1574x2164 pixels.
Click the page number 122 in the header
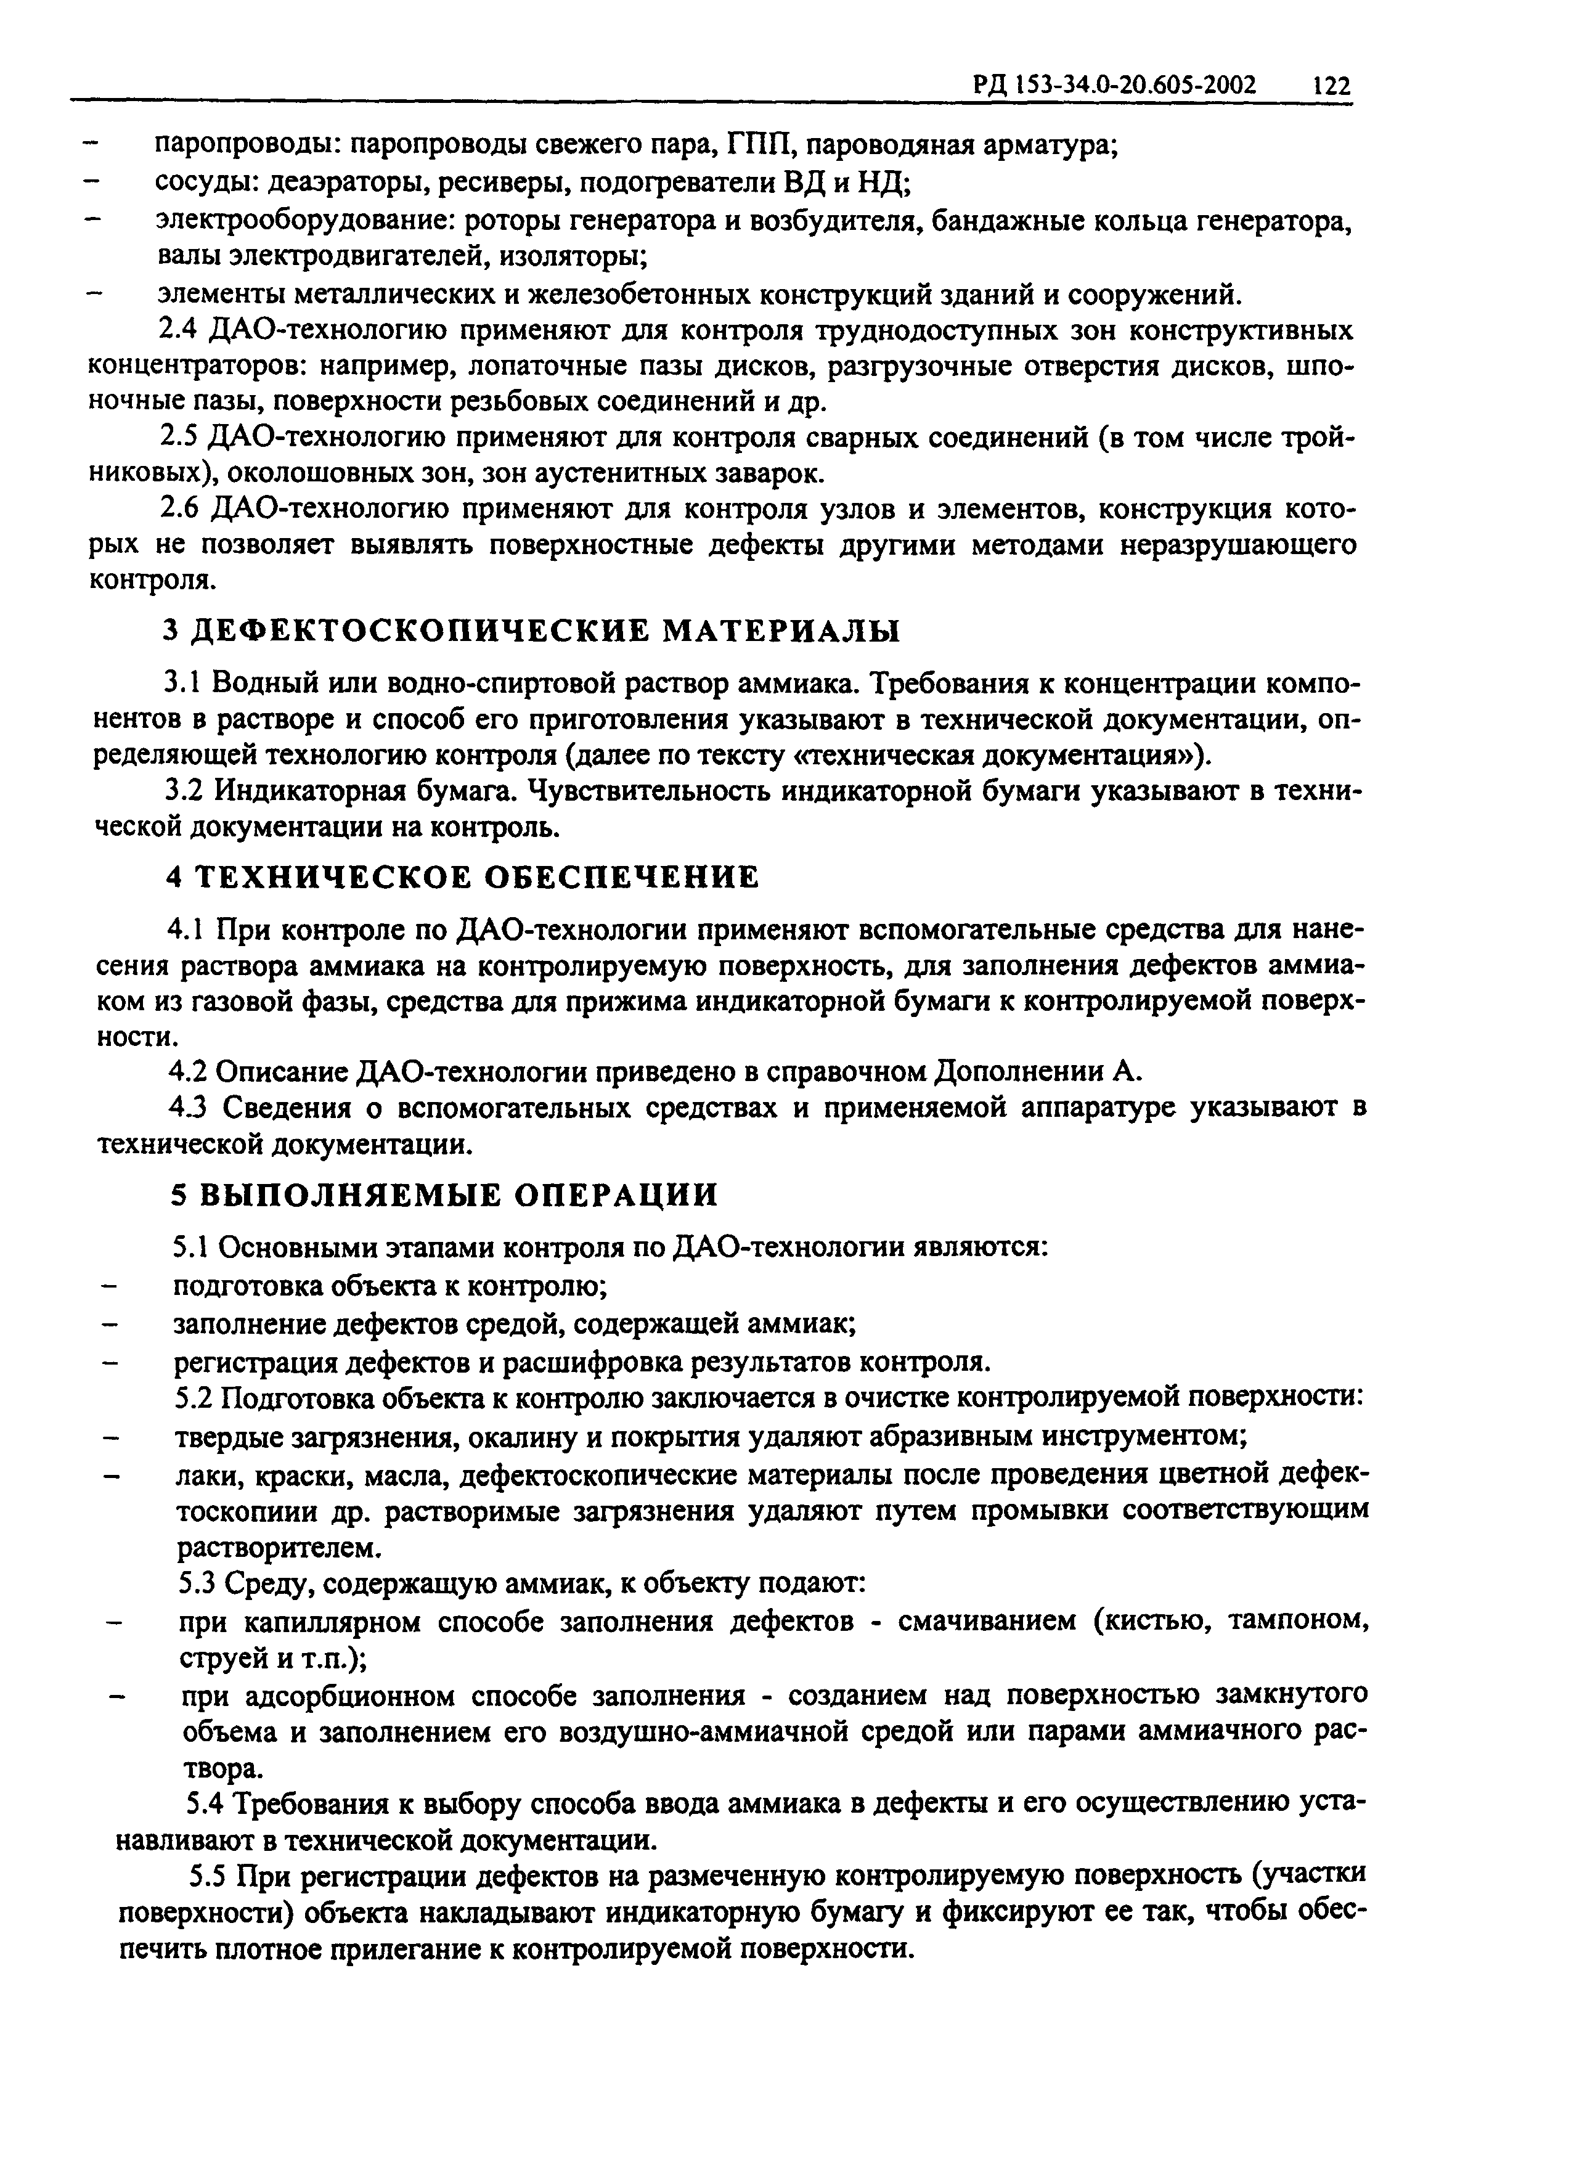pyautogui.click(x=1331, y=86)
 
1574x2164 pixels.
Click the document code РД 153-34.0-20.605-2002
pyautogui.click(x=1113, y=86)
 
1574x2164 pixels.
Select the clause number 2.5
pyautogui.click(x=178, y=438)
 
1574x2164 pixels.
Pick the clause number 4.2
pyautogui.click(x=189, y=1071)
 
